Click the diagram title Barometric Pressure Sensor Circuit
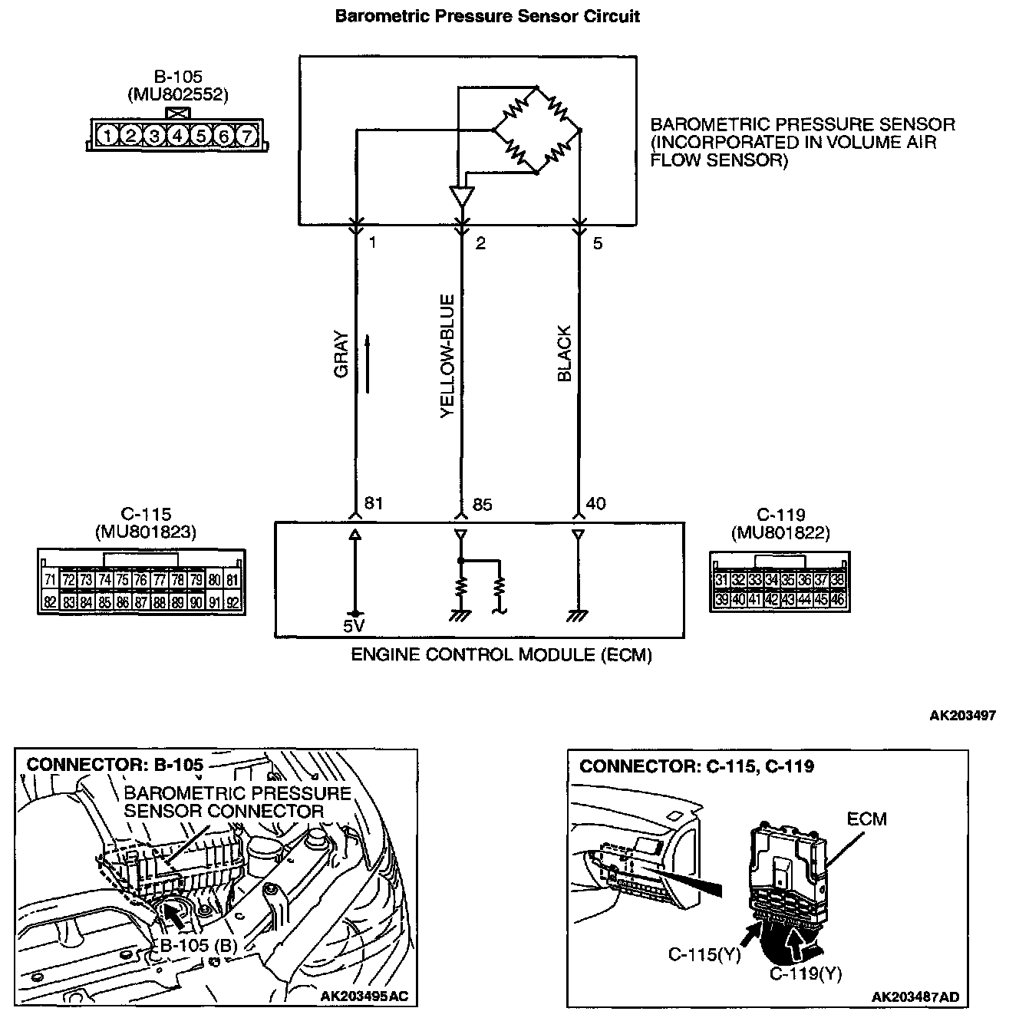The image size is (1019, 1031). [x=487, y=16]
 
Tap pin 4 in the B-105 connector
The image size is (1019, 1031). [x=177, y=137]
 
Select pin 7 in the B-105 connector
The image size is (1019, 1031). [x=246, y=137]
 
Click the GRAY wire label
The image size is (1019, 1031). [x=342, y=354]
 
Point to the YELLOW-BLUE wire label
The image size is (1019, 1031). [x=448, y=357]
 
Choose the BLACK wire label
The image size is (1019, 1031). [x=565, y=354]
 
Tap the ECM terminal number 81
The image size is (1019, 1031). [x=373, y=503]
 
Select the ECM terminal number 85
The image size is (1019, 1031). [x=483, y=505]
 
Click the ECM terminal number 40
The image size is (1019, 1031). [x=595, y=503]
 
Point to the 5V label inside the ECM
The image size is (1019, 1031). [x=354, y=626]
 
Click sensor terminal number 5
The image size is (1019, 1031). [x=598, y=244]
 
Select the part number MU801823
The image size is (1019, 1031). [x=145, y=532]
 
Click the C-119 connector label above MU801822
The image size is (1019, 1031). [x=780, y=515]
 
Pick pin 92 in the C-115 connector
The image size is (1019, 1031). [x=234, y=603]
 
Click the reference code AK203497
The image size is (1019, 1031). [x=962, y=716]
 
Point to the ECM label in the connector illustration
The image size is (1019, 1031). [x=866, y=819]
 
